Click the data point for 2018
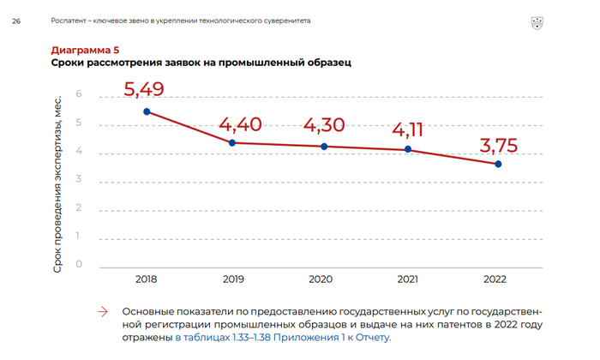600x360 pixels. point(147,111)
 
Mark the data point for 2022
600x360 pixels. point(498,164)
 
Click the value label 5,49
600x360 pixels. point(144,89)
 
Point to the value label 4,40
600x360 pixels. point(240,125)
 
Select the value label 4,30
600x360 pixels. point(324,125)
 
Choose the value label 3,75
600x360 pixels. point(497,146)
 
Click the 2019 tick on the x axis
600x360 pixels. point(234,279)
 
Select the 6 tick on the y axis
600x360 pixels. point(79,93)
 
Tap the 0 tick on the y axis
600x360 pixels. point(79,263)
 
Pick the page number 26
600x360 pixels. point(16,21)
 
